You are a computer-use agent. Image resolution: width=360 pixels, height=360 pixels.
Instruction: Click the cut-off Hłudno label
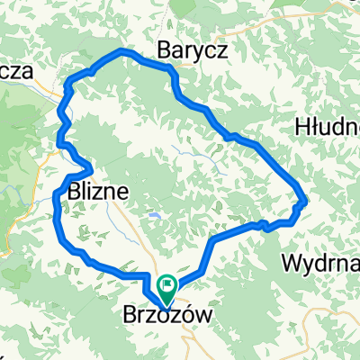coord(328,129)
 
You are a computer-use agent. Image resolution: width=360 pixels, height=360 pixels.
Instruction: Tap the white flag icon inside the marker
coord(167,286)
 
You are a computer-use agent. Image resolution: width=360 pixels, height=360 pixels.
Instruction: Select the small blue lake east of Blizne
coord(155,216)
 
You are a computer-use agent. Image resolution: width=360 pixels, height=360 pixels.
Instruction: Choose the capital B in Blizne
coord(70,191)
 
